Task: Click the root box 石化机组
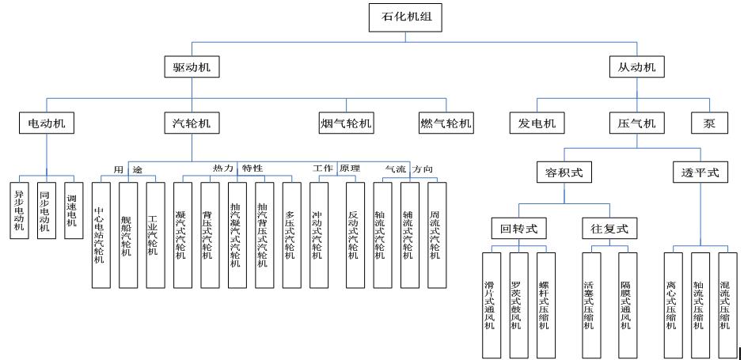[400, 16]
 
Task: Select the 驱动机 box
[191, 67]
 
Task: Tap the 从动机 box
[637, 67]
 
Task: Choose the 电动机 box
[47, 123]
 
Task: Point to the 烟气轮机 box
[346, 123]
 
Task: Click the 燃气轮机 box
[446, 123]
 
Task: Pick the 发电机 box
[537, 123]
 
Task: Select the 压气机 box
[637, 123]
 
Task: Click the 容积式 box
[564, 172]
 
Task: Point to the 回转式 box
[518, 229]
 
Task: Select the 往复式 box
[609, 229]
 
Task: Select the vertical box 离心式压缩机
[674, 305]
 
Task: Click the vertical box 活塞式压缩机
[590, 305]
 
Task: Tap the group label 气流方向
[408, 169]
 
